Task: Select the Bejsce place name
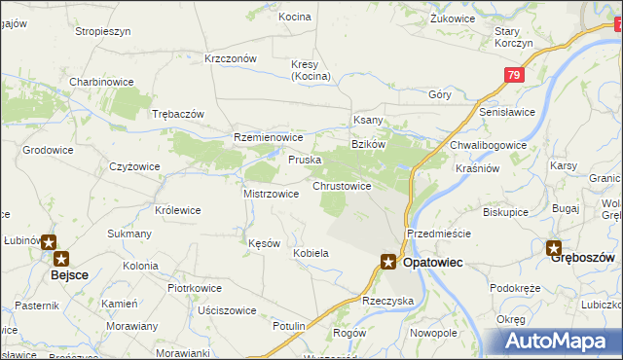tap(70, 276)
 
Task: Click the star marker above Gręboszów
tap(554, 248)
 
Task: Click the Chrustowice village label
tap(341, 185)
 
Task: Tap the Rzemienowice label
tap(269, 138)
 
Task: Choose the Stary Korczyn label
tap(513, 38)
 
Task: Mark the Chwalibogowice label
tap(488, 145)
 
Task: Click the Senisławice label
tap(507, 112)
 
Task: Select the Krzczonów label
tap(231, 58)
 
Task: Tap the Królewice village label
tap(177, 209)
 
